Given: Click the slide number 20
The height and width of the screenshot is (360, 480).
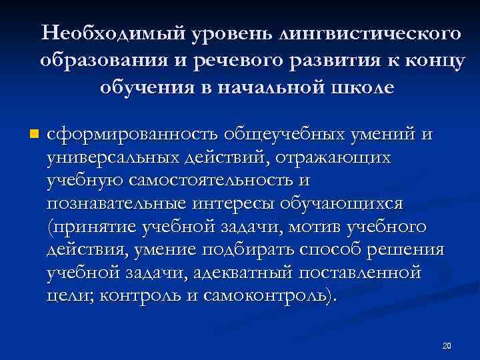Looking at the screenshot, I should [x=447, y=345].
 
